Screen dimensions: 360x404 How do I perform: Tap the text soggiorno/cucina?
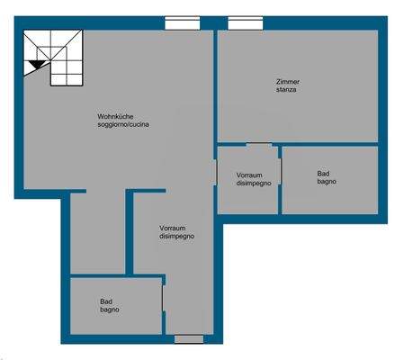tap(123, 125)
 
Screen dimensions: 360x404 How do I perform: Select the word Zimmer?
tap(288, 83)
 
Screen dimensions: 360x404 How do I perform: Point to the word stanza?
tap(288, 91)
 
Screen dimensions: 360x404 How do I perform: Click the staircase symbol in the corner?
tap(52, 57)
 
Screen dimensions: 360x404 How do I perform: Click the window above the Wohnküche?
tap(184, 23)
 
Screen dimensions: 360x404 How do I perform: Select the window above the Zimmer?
tap(245, 23)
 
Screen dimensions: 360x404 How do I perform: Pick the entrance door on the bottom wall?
tap(189, 339)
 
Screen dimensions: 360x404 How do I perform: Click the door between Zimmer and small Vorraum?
tap(259, 144)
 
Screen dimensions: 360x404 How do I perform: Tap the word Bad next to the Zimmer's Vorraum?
tap(323, 173)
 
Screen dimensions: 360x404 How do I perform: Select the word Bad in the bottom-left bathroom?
tap(106, 301)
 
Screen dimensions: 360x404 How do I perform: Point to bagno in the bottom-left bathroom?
tap(110, 310)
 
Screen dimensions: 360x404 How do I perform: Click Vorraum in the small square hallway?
tap(249, 174)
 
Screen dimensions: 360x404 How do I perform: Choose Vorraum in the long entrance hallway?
tap(172, 228)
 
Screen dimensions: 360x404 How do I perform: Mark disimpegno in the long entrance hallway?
tap(176, 237)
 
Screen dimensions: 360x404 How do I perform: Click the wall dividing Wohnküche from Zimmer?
tap(216, 90)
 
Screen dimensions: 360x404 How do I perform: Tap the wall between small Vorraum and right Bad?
tap(280, 180)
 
